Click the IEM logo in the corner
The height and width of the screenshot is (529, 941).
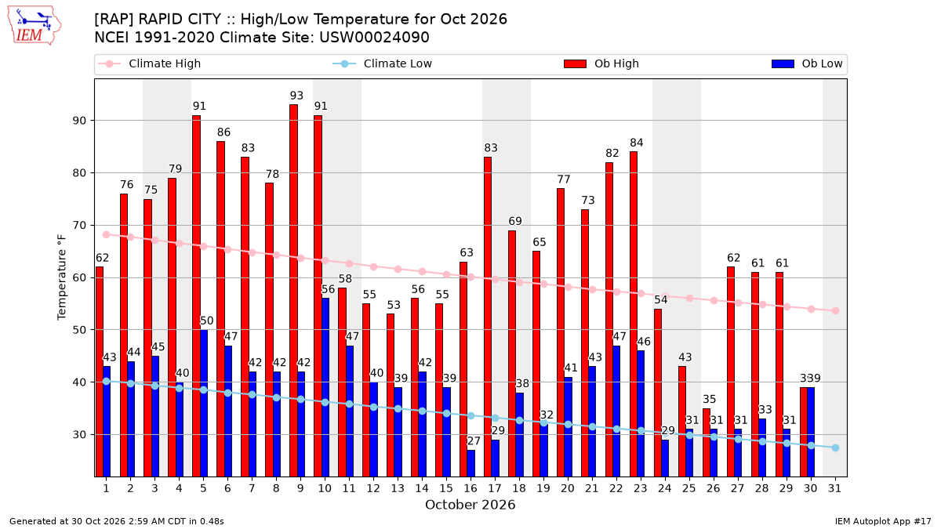coord(35,26)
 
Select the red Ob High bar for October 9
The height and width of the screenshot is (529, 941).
coord(293,291)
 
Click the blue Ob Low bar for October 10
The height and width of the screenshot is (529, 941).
coord(325,387)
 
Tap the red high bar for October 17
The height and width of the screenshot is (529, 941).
coord(488,317)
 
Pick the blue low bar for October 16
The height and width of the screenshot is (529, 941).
coord(471,463)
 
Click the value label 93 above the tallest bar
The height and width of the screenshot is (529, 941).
coord(296,96)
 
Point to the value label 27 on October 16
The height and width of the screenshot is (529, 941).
coord(474,441)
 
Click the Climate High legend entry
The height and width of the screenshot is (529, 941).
coord(150,63)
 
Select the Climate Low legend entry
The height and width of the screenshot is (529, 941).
coord(383,63)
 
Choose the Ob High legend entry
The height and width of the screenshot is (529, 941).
coord(601,63)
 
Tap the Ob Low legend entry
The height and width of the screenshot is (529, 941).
coord(808,63)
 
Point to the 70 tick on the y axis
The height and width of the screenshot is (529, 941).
coord(79,226)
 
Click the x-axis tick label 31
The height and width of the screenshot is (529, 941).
coord(834,489)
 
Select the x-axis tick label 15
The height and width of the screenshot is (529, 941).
coord(446,489)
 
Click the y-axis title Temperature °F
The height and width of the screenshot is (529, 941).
coord(62,277)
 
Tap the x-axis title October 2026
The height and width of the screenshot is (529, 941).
coord(470,505)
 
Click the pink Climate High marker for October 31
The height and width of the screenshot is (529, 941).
coord(836,310)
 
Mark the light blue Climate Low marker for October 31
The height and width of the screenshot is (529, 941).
coord(836,448)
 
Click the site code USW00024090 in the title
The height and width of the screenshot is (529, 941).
coord(374,38)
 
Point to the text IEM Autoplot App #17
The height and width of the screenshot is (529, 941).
coord(883,521)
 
